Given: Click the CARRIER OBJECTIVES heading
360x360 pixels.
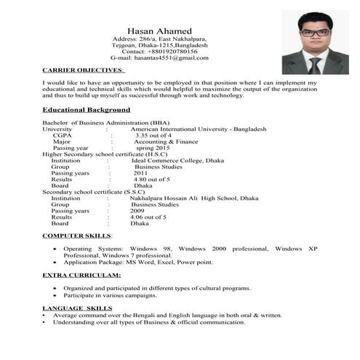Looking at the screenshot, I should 83,71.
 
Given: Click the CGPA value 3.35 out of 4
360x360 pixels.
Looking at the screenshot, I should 153,135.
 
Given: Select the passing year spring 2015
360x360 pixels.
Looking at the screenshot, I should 153,148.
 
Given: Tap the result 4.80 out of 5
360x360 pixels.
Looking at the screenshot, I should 151,179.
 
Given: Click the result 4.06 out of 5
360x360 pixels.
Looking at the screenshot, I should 148,217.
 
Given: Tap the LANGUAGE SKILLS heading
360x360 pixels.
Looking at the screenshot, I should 77,308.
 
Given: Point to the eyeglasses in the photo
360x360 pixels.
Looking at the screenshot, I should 314,33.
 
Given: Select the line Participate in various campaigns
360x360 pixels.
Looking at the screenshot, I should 110,295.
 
